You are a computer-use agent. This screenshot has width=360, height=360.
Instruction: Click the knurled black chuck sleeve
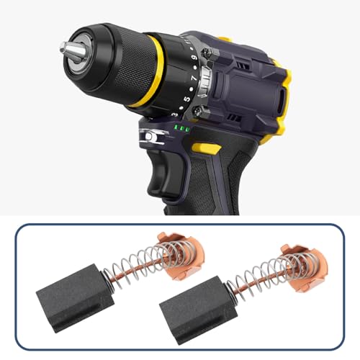point(108,61)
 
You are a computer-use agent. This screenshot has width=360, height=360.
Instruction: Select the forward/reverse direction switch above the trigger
point(150,136)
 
